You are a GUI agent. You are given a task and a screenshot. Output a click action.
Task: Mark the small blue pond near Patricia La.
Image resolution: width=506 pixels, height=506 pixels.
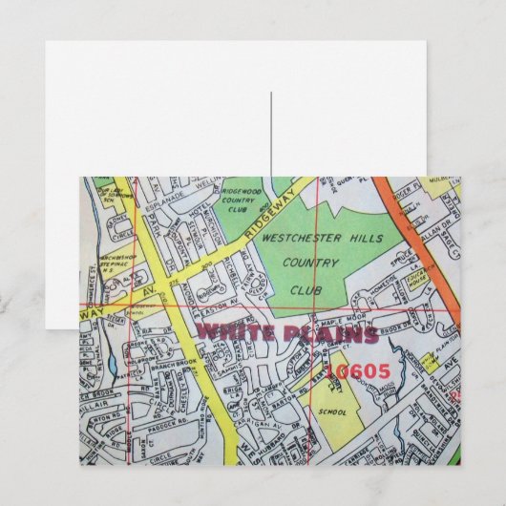click(x=114, y=364)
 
